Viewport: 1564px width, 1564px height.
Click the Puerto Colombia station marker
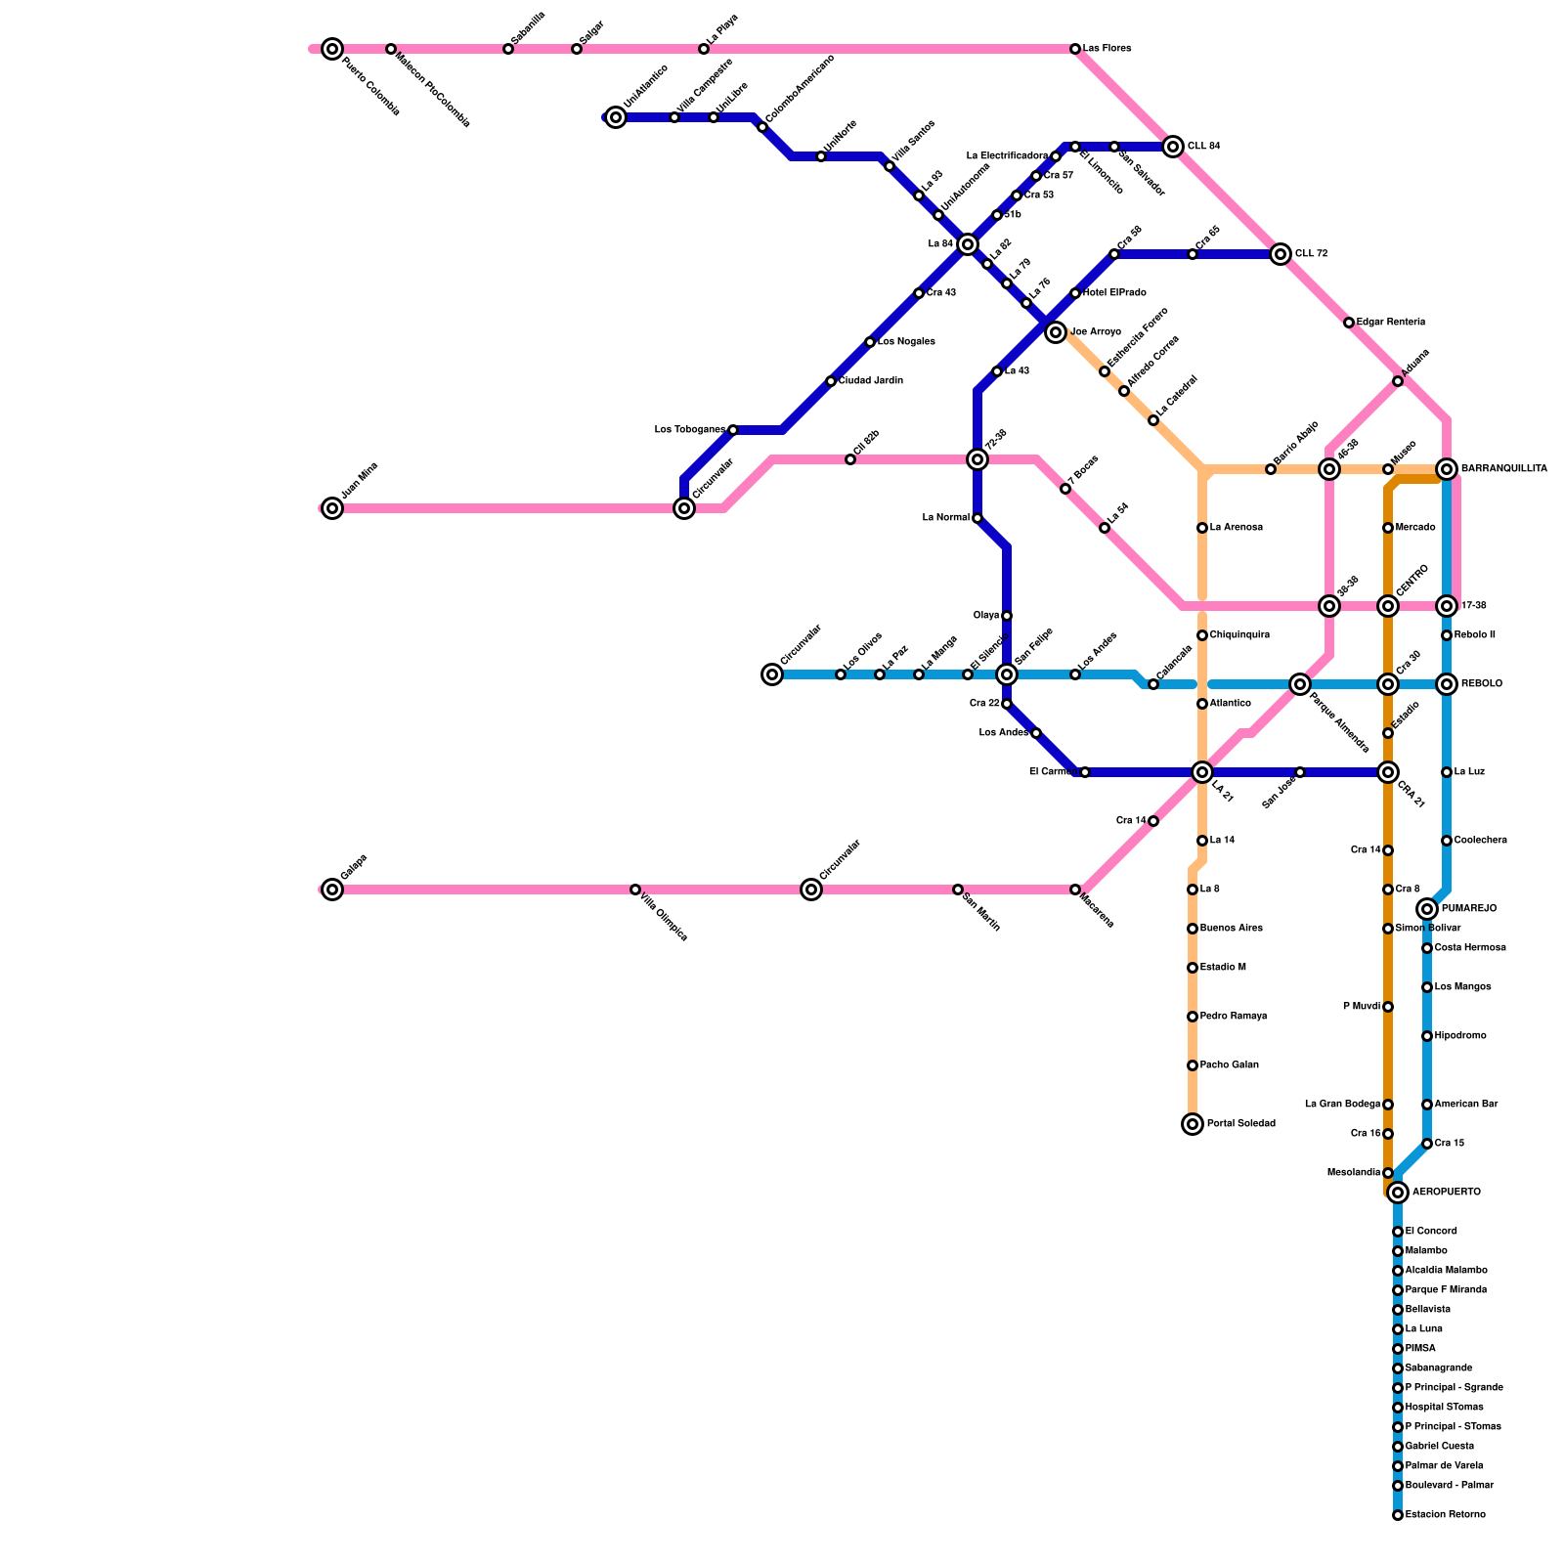point(332,49)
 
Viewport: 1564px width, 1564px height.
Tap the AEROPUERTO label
point(1446,1193)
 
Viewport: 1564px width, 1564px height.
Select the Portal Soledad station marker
point(1193,1124)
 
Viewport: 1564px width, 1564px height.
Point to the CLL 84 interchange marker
point(1173,147)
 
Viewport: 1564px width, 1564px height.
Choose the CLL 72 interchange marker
point(1281,254)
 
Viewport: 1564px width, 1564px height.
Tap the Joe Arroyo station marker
point(1056,332)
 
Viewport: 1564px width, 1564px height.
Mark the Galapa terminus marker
point(332,890)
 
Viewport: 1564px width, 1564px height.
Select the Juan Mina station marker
point(332,508)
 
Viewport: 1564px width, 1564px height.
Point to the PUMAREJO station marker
point(1427,909)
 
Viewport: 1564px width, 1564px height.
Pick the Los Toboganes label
point(689,430)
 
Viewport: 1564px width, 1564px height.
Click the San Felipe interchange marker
point(1007,674)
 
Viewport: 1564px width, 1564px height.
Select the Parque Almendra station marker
point(1300,684)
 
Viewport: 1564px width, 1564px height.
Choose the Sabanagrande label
point(1438,1368)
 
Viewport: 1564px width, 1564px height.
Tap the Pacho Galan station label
point(1229,1065)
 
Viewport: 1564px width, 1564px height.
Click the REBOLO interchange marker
point(1447,684)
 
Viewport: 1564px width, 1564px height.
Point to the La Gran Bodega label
point(1342,1105)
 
